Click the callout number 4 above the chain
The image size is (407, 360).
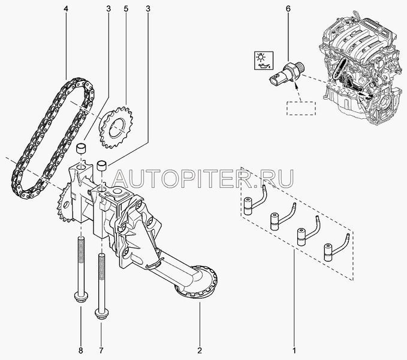[66, 9]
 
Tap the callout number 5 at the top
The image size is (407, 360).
[126, 9]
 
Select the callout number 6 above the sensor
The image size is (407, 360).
[288, 9]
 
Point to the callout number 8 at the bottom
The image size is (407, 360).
[81, 350]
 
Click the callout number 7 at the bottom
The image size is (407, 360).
[101, 350]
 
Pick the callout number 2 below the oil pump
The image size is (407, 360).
[200, 350]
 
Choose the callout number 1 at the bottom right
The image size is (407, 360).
[294, 350]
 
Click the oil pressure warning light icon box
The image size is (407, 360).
[264, 60]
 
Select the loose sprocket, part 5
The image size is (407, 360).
[116, 127]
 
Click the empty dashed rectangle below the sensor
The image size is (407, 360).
[301, 109]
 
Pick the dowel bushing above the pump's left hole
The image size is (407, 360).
[81, 148]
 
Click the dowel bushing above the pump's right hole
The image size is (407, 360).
[102, 166]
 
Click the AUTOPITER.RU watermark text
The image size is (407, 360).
[203, 178]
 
